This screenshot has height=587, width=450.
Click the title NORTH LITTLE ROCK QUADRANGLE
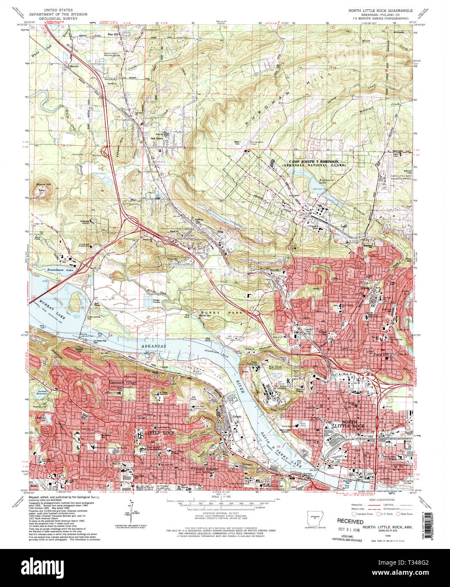(378, 10)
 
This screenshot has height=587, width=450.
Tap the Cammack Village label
(123, 382)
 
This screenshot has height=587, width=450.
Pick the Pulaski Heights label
(204, 469)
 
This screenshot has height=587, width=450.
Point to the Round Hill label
(43, 185)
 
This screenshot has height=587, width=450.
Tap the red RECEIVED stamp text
(350, 522)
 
